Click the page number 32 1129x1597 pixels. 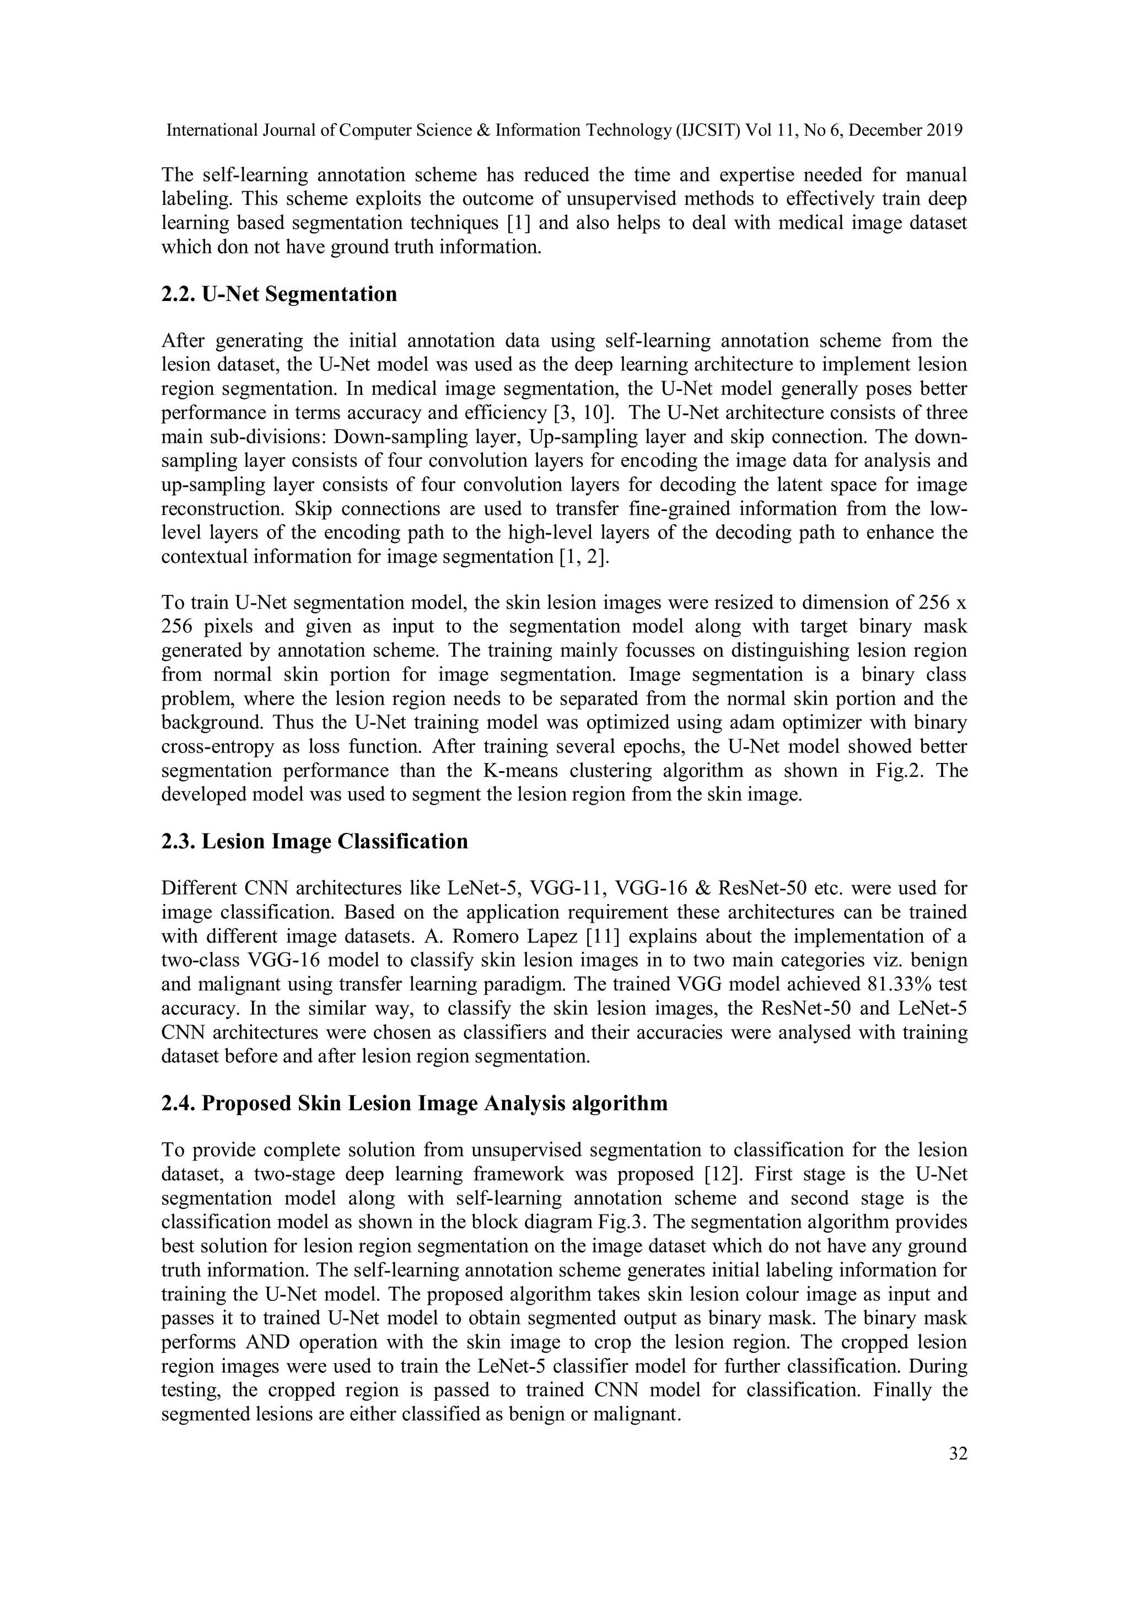(x=958, y=1454)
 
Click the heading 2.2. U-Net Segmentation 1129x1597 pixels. (x=279, y=294)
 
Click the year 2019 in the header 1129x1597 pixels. (x=944, y=130)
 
